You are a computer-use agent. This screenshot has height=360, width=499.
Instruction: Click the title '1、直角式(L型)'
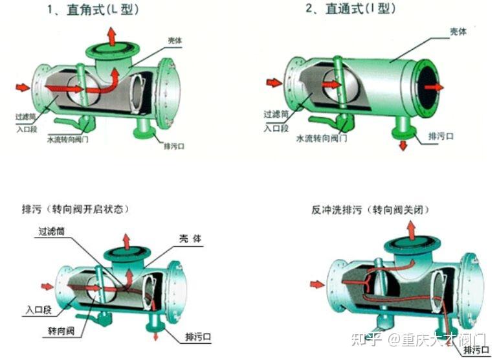(93, 10)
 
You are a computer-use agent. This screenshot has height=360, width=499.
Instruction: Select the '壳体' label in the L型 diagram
(174, 41)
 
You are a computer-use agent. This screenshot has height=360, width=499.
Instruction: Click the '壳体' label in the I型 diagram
(459, 30)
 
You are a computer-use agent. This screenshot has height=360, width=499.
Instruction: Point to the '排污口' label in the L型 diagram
(173, 146)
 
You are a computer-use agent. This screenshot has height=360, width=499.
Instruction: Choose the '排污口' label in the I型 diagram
(440, 137)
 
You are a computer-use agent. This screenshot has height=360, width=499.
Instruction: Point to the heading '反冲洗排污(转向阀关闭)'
(370, 210)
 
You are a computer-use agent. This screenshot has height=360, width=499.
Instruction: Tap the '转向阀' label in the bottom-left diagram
(61, 331)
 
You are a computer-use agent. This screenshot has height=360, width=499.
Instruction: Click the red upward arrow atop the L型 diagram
(112, 36)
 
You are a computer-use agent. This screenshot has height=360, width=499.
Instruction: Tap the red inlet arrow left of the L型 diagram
(23, 87)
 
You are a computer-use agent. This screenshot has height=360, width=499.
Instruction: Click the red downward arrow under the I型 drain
(403, 145)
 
